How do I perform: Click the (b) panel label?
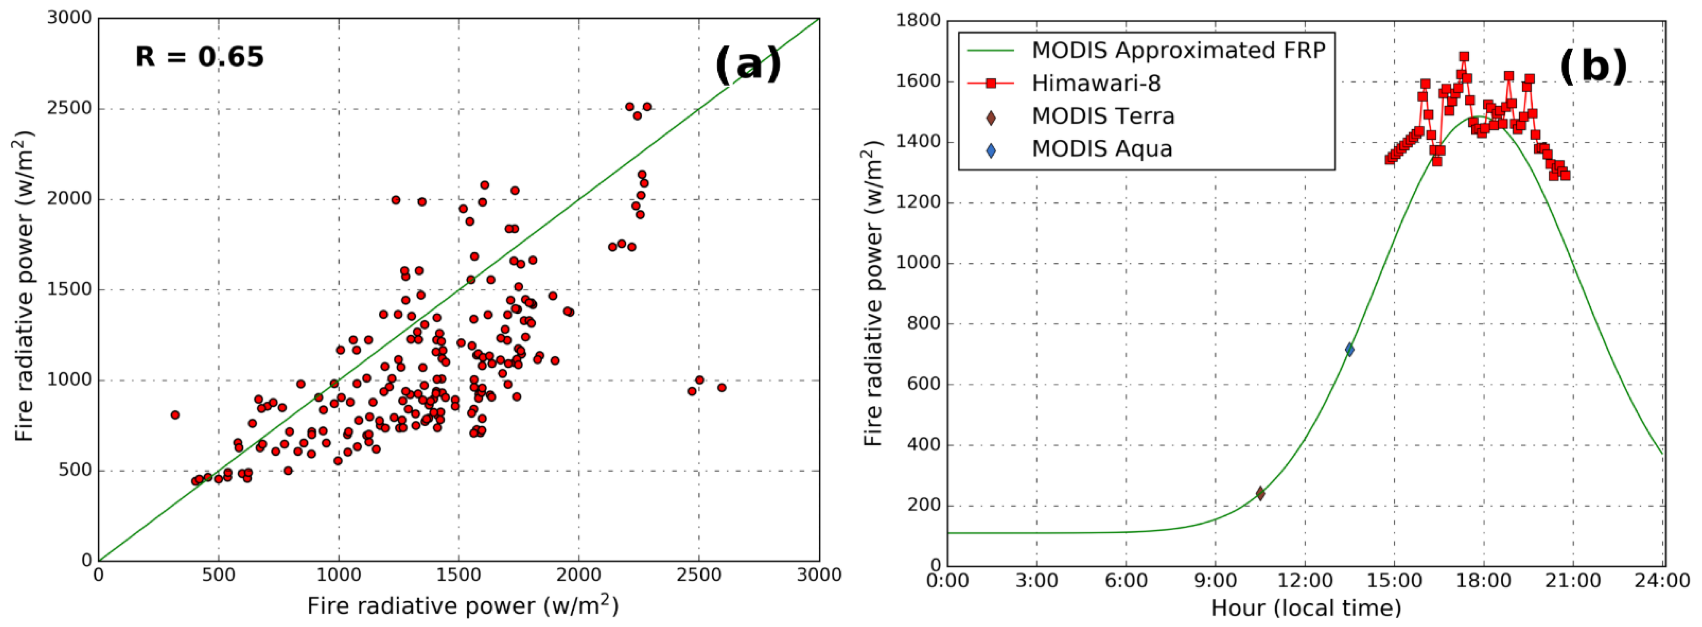pyautogui.click(x=1593, y=67)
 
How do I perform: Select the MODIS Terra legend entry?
pyautogui.click(x=1103, y=116)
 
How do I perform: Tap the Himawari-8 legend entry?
pyautogui.click(x=1096, y=83)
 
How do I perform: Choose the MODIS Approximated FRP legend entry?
pyautogui.click(x=1178, y=50)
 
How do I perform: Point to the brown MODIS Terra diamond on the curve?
pyautogui.click(x=1260, y=493)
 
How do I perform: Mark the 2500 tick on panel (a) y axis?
pyautogui.click(x=69, y=109)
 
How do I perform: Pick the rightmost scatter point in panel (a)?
pyautogui.click(x=722, y=388)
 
